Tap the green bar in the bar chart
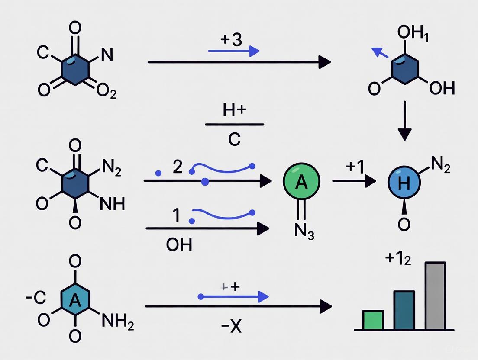pos(373,320)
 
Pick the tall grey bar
pos(435,296)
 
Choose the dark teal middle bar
pos(404,310)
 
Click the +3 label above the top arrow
pos(231,40)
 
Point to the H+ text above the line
pos(234,110)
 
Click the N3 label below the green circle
pos(304,232)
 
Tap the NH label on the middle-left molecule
pos(112,203)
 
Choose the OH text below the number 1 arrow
pos(179,245)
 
